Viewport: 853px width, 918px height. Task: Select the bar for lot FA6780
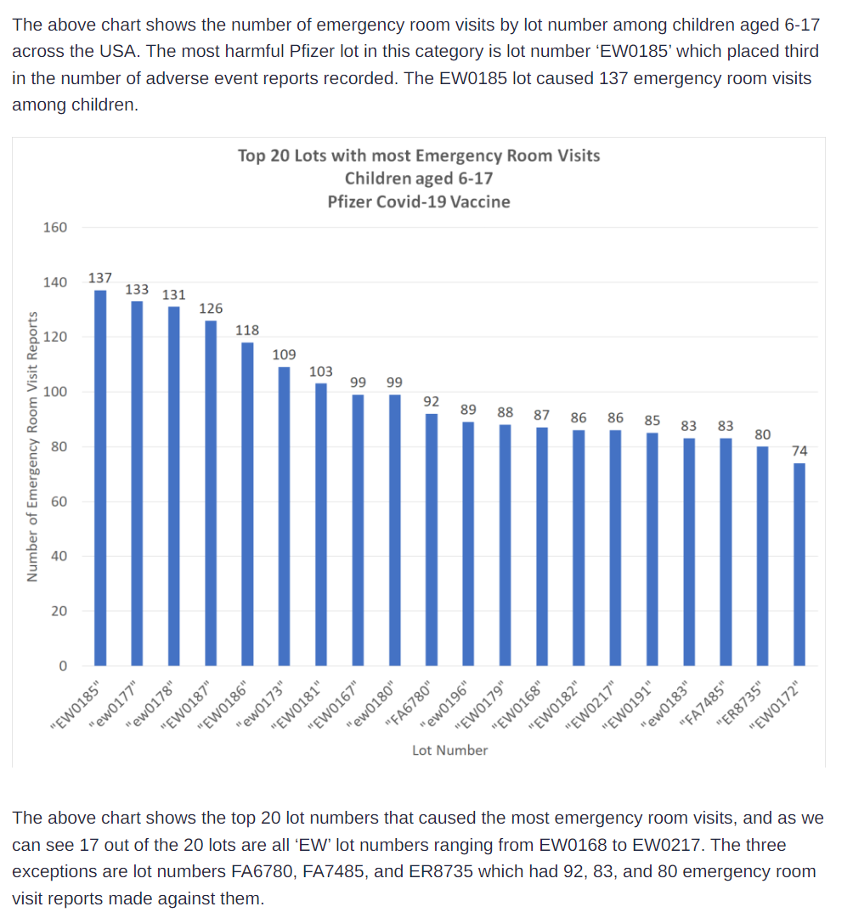click(x=432, y=539)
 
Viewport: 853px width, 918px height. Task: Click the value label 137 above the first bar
click(x=99, y=278)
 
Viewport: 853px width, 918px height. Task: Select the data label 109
click(x=284, y=354)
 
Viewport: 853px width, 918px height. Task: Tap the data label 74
click(x=799, y=450)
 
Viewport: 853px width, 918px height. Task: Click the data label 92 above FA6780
click(x=431, y=401)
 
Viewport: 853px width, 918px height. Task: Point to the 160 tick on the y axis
click(x=54, y=227)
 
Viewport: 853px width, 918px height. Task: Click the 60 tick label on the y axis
click(x=59, y=501)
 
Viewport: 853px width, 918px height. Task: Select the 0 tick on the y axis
click(x=62, y=666)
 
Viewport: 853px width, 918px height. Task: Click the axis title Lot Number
click(x=449, y=751)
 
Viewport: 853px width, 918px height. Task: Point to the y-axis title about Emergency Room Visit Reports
click(x=33, y=446)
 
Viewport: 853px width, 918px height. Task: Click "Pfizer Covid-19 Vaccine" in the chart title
click(x=418, y=201)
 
